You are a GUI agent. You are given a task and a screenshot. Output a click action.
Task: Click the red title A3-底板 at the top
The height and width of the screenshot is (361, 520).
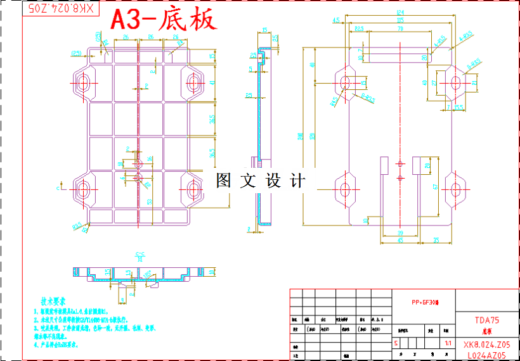pos(164,20)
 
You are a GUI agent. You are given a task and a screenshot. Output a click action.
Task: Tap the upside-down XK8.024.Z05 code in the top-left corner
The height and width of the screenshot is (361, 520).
pos(62,8)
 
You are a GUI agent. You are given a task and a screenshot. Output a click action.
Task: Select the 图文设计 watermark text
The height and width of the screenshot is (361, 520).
pos(260,181)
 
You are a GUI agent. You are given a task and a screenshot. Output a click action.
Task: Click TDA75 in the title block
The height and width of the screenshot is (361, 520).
pos(486,320)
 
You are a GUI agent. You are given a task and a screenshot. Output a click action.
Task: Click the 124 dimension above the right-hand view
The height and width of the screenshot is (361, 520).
pos(400,12)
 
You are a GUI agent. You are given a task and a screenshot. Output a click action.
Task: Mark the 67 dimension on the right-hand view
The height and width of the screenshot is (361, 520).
pos(435,186)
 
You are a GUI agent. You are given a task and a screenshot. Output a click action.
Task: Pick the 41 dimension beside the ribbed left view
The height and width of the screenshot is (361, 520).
pos(212,82)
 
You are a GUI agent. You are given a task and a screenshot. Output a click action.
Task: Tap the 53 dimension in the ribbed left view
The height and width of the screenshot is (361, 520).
pos(149,201)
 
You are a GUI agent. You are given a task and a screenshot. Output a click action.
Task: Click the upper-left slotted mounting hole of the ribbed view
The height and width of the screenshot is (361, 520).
pos(83,82)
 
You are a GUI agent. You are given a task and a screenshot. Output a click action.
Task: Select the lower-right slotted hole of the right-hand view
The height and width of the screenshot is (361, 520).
pos(455,189)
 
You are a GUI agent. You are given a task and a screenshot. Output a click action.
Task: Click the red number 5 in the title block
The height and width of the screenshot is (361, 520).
pos(397,343)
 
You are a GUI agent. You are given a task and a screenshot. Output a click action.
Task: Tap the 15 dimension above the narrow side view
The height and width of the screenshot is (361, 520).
pos(264,29)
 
